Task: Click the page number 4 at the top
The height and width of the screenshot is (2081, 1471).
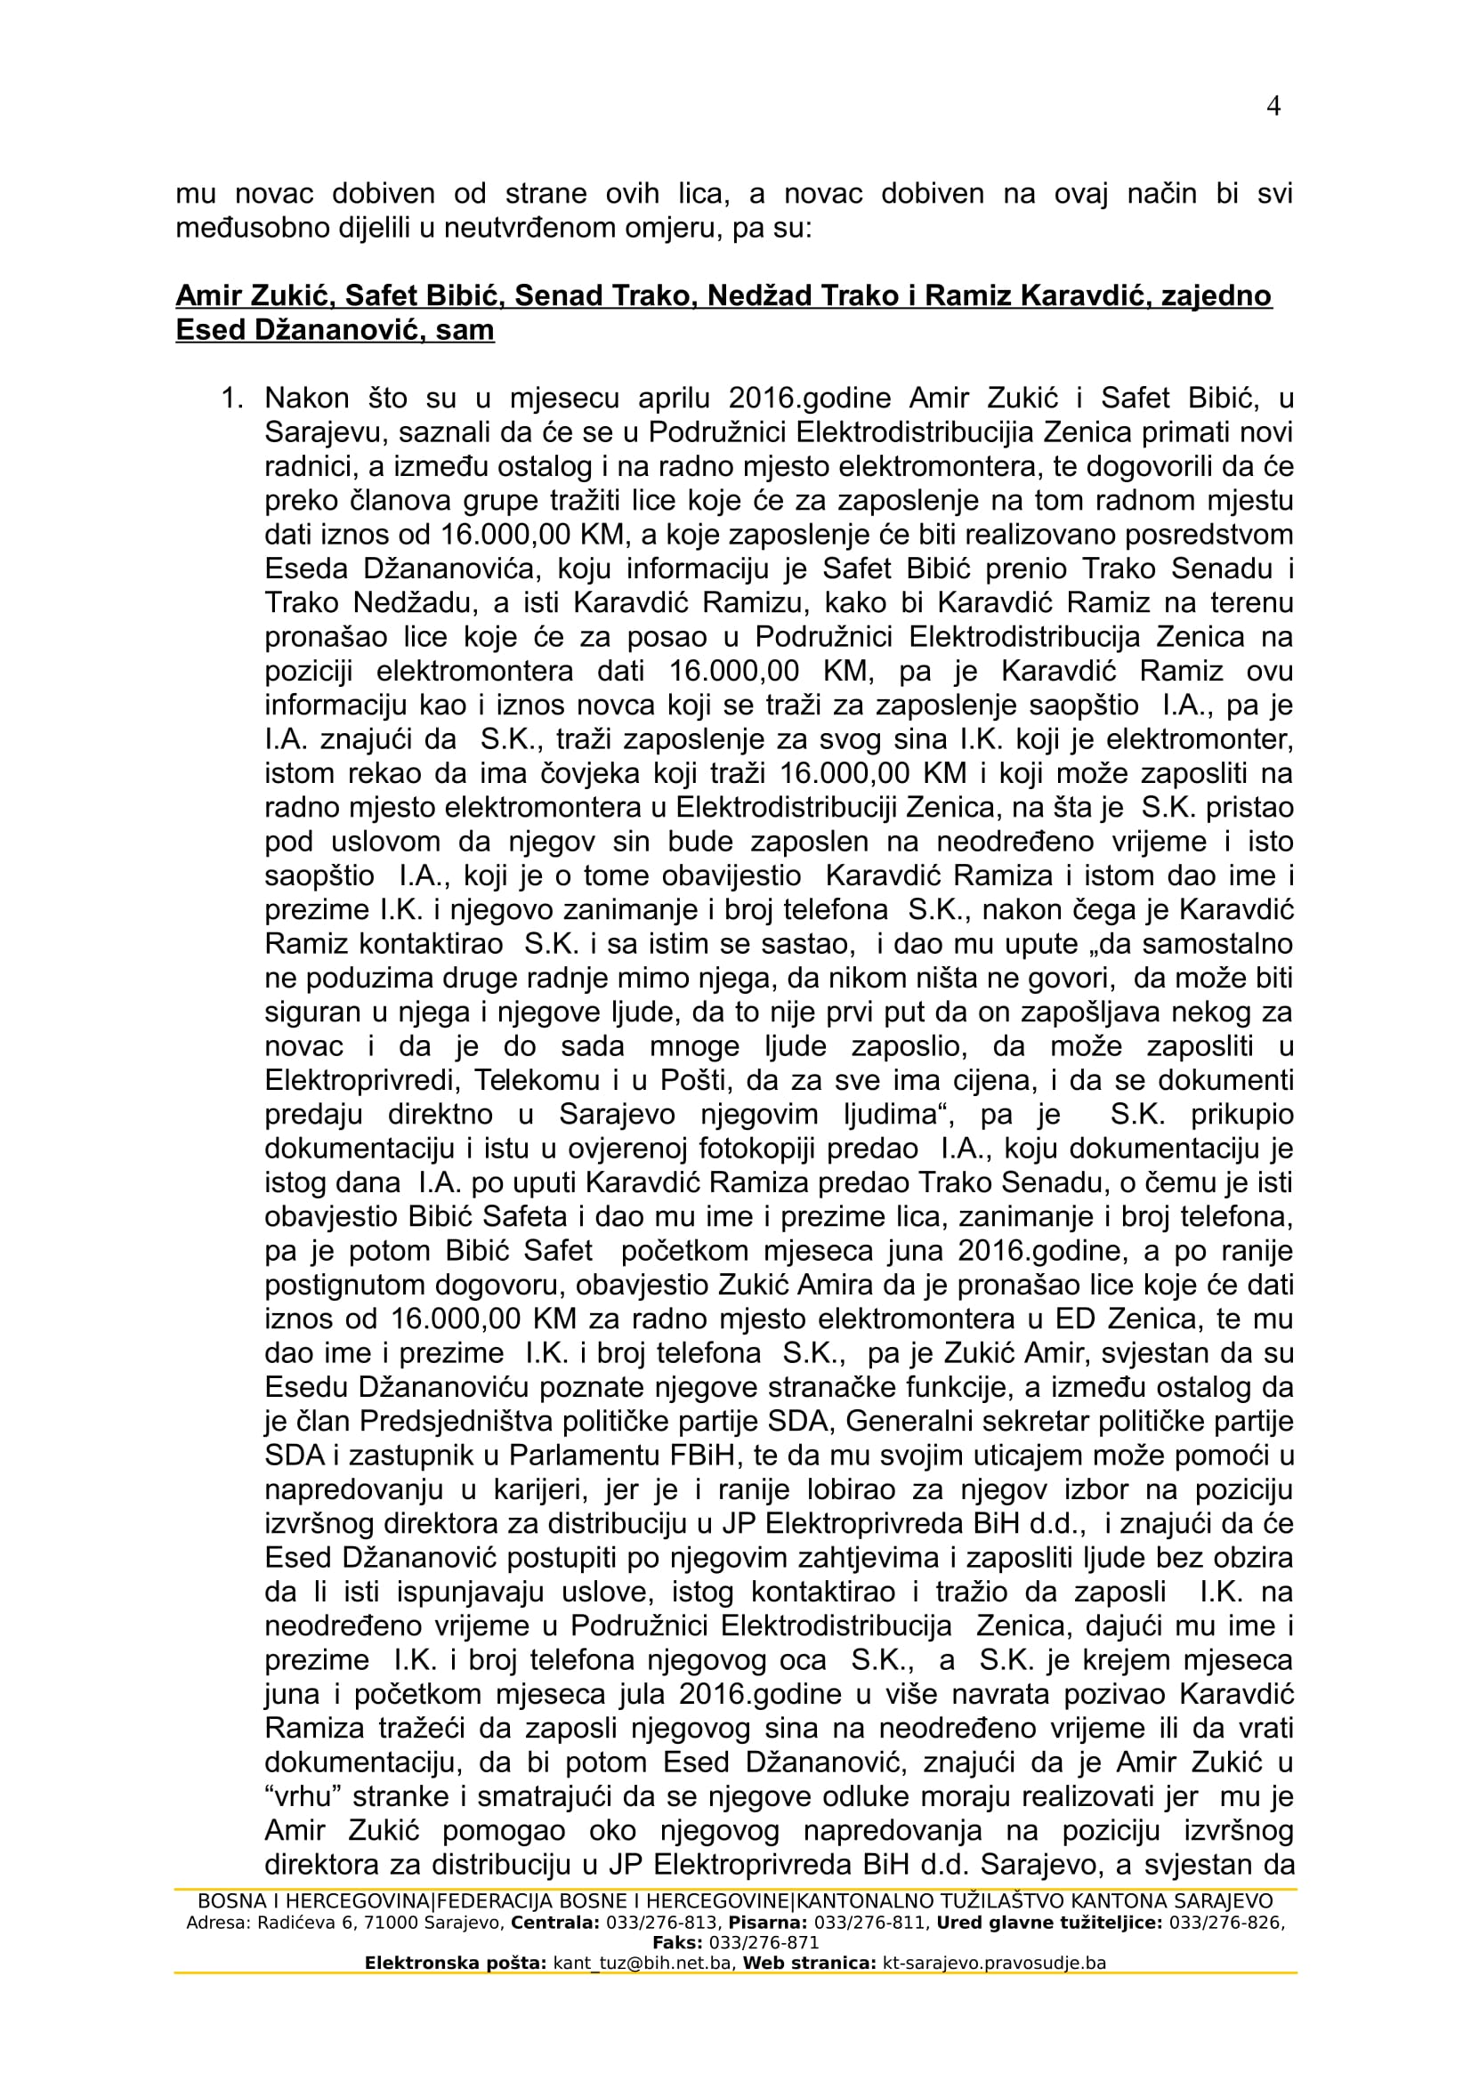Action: tap(1273, 107)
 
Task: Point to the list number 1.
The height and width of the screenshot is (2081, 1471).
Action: tap(233, 398)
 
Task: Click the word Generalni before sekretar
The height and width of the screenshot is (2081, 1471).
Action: tap(911, 1421)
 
